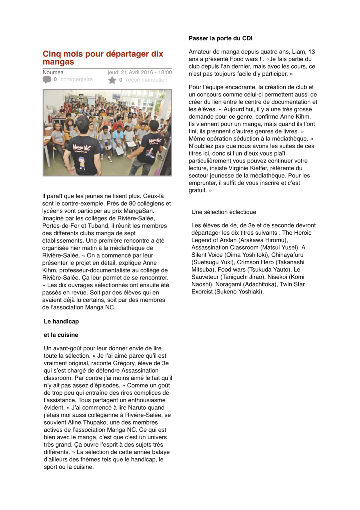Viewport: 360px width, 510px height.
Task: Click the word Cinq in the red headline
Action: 52,54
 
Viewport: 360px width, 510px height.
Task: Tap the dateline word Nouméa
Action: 53,72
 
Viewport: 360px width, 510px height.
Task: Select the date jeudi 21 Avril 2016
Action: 131,72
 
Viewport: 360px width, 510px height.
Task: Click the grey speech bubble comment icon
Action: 47,80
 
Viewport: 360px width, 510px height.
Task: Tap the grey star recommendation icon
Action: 112,80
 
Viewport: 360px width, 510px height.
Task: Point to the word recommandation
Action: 146,80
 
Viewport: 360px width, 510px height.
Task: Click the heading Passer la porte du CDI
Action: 221,38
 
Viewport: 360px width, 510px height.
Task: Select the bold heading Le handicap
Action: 61,322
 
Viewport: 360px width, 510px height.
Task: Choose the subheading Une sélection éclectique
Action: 224,212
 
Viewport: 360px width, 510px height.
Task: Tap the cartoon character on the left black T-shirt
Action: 82,163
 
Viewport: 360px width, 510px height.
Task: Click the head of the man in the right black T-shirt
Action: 153,126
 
